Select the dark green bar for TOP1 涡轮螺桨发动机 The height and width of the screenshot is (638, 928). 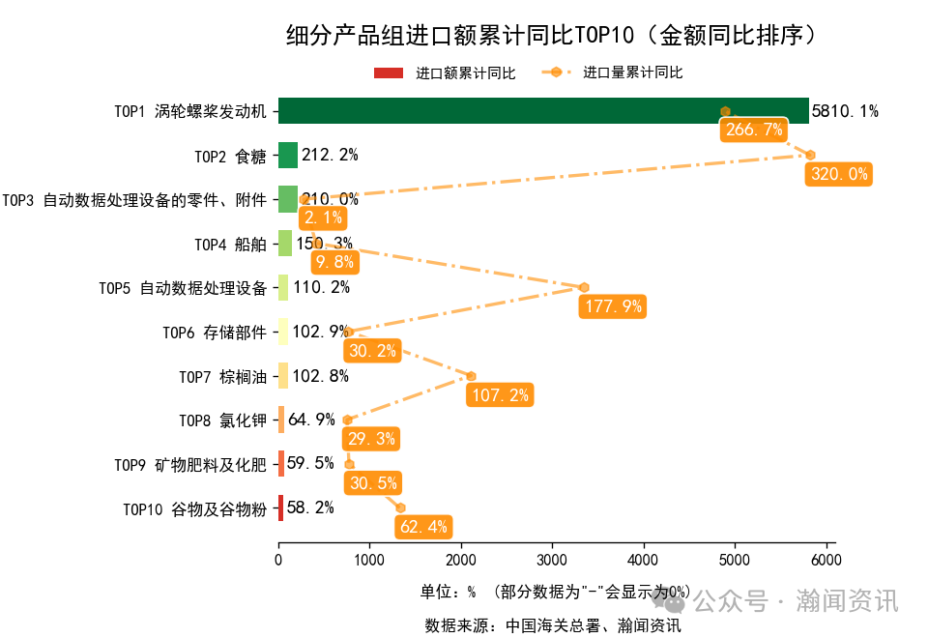tap(543, 110)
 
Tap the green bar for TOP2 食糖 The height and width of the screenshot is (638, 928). tap(288, 155)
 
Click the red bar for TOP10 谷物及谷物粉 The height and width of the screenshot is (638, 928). tap(280, 507)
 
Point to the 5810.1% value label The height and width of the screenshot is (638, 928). tap(845, 110)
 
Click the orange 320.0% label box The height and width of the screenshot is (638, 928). tap(839, 175)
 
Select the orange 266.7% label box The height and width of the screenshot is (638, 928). tap(753, 130)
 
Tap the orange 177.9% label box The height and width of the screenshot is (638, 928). tap(612, 306)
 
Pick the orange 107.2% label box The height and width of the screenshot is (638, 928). tap(499, 394)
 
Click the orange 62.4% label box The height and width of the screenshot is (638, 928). tap(423, 527)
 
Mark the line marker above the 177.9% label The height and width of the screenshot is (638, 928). tap(584, 287)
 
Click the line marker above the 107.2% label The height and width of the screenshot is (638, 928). tap(472, 376)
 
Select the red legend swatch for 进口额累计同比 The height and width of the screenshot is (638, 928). tap(389, 73)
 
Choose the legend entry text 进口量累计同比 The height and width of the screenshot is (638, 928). tap(632, 73)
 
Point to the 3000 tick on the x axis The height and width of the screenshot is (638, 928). tap(552, 558)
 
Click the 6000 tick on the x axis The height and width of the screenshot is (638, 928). tap(826, 558)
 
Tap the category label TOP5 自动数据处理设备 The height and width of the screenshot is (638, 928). tap(183, 288)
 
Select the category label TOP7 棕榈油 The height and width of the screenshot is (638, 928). tap(222, 376)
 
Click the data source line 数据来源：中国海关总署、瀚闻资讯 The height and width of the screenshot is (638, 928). tap(553, 625)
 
